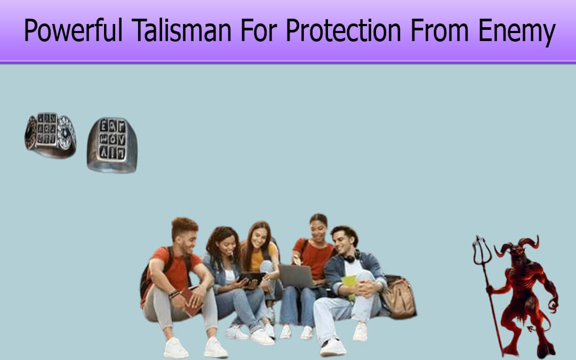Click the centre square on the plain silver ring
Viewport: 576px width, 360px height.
pyautogui.click(x=112, y=140)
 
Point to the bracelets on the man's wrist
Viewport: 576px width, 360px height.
pyautogui.click(x=174, y=294)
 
